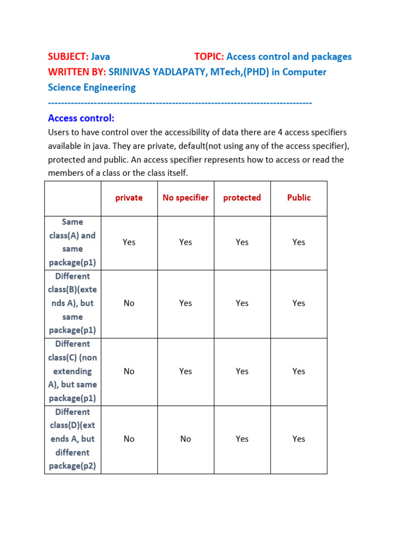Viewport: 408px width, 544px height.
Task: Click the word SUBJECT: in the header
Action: (x=68, y=57)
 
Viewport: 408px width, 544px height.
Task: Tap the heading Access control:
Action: (x=81, y=118)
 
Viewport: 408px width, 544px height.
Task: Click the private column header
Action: (x=129, y=198)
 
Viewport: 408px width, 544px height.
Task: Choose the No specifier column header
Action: (x=185, y=198)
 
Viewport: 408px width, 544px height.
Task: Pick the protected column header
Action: (x=242, y=198)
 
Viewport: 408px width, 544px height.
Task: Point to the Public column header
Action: (x=299, y=198)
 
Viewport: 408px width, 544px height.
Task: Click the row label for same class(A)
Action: (x=73, y=242)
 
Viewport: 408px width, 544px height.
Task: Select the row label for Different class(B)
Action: (x=73, y=303)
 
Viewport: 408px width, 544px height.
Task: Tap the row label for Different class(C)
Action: (x=73, y=371)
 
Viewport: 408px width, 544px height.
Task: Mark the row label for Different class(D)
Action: (x=73, y=439)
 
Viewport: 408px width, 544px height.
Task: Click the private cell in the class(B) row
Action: (x=129, y=303)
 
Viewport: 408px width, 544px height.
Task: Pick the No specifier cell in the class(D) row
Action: (x=185, y=439)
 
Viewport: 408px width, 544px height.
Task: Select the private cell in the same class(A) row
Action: (x=129, y=242)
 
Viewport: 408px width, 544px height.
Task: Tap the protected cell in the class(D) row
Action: (x=242, y=439)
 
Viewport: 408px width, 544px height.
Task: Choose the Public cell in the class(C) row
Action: (x=299, y=371)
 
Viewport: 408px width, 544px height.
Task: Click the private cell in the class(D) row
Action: (x=129, y=439)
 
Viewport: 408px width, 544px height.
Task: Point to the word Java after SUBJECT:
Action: (x=100, y=57)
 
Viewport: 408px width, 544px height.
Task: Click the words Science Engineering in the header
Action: (x=91, y=88)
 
